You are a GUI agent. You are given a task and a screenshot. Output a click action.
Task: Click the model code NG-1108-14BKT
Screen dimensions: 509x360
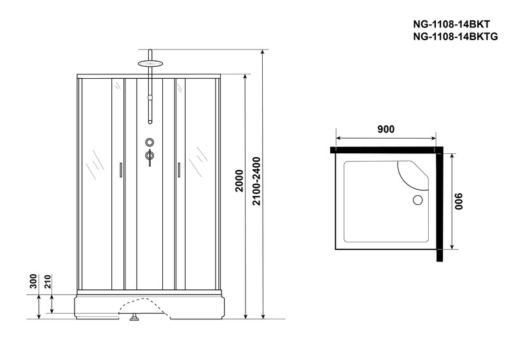[x=451, y=25]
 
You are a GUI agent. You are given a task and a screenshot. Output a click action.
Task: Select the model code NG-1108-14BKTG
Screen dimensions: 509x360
[x=455, y=37]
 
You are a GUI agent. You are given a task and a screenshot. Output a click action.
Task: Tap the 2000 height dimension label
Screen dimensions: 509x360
[x=239, y=181]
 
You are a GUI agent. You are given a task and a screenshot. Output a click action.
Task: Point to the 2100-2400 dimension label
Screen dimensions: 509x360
[x=257, y=181]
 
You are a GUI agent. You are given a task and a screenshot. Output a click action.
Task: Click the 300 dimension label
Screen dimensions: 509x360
[x=34, y=281]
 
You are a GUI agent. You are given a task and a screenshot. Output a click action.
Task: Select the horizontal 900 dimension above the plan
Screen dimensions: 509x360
[x=386, y=129]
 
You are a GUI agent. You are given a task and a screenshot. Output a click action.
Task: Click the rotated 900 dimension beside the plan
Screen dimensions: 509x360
[x=458, y=202]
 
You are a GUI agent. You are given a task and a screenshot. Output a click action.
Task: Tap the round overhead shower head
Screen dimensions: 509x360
[x=150, y=64]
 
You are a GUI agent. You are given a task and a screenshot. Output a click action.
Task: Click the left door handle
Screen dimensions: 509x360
[x=121, y=170]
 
